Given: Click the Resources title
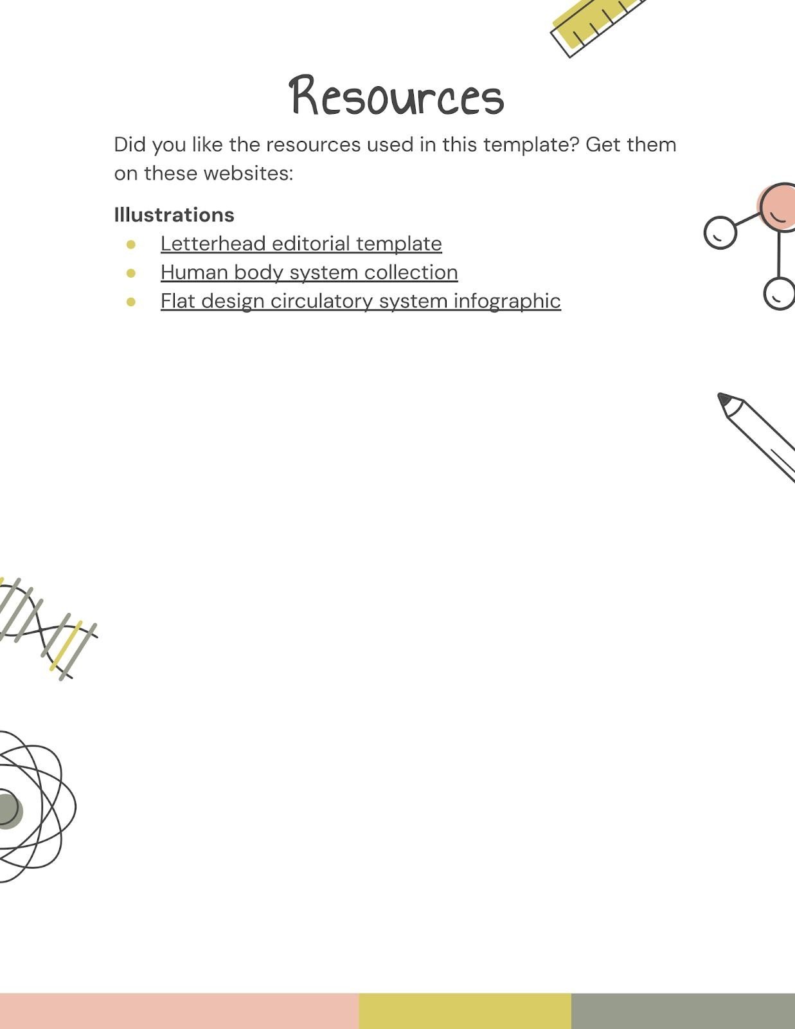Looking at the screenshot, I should [x=397, y=96].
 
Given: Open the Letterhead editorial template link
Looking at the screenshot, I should [x=301, y=244].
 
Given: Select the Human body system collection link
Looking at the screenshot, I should [x=309, y=272].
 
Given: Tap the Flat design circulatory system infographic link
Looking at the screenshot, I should [x=361, y=301].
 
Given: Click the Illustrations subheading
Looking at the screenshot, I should [x=174, y=215].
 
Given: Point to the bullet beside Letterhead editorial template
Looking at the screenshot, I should [x=131, y=244].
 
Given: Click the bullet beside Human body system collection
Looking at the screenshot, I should [x=131, y=273].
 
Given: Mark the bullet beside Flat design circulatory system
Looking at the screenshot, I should [x=131, y=301].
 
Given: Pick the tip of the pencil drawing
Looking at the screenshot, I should [x=723, y=398].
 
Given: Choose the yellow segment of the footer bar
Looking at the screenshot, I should [x=465, y=1011].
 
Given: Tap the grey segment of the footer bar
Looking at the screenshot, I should [x=683, y=1011].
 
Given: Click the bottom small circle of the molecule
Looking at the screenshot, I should [x=779, y=293].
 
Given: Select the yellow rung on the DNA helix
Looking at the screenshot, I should [x=66, y=645].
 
